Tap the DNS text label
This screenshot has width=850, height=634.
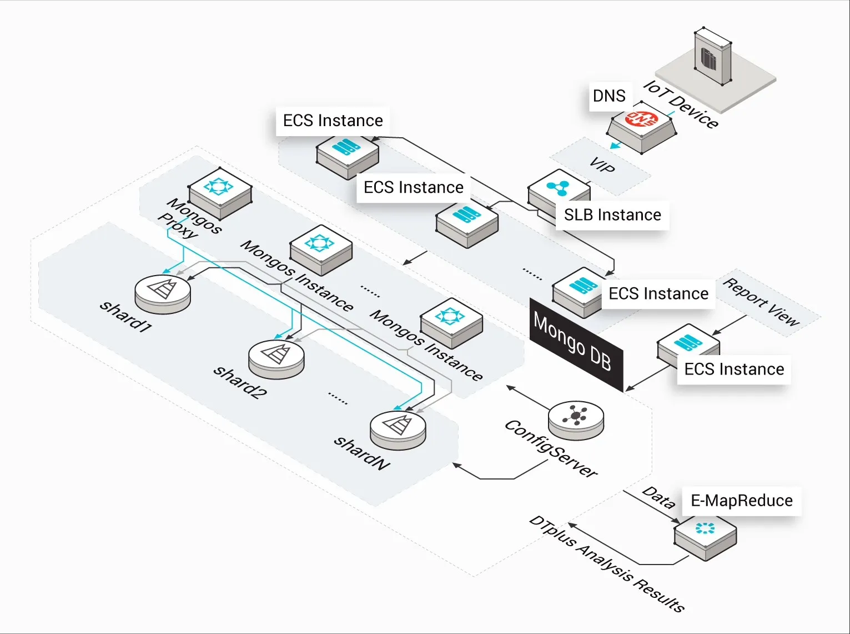(x=609, y=96)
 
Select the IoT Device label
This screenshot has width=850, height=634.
(x=681, y=104)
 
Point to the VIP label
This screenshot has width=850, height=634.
(x=602, y=165)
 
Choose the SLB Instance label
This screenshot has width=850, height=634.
(x=612, y=215)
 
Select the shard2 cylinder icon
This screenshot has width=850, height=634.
(x=276, y=358)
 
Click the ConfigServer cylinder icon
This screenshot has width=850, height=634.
(x=576, y=420)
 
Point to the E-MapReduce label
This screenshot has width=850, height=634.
(x=741, y=501)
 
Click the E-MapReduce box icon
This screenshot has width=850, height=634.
(x=705, y=533)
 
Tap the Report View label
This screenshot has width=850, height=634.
(x=762, y=303)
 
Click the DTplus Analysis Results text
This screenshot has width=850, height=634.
(x=607, y=564)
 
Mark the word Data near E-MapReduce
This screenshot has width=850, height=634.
(x=659, y=497)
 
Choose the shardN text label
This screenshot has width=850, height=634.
(x=362, y=453)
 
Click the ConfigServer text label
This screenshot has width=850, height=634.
(x=551, y=449)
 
